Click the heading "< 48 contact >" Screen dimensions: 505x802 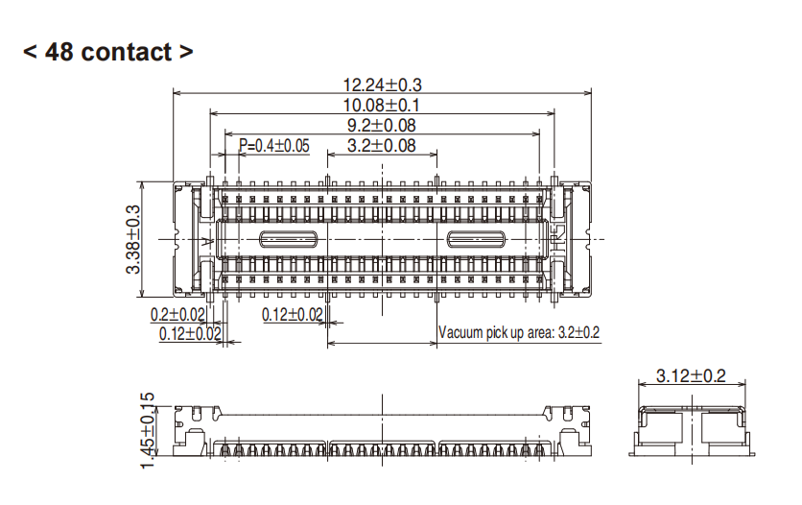point(107,52)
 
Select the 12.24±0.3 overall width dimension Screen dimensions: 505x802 point(383,84)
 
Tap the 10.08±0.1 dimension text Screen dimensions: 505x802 point(382,105)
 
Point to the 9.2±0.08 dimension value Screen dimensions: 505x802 point(382,125)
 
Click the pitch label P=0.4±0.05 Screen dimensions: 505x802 point(274,146)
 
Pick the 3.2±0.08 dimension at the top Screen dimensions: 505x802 point(382,146)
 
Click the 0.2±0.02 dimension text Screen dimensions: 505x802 point(177,315)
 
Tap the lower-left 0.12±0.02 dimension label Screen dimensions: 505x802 point(190,334)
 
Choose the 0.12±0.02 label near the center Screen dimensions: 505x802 point(293,315)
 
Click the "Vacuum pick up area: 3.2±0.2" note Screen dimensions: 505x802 point(519,333)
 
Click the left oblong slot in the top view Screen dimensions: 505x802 point(289,239)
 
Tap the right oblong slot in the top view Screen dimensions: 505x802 point(476,239)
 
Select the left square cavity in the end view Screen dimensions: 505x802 point(664,431)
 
